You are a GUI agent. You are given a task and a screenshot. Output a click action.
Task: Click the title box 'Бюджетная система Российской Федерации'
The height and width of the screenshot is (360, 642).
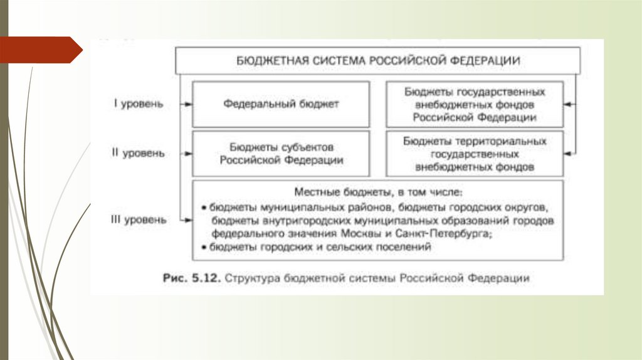point(378,60)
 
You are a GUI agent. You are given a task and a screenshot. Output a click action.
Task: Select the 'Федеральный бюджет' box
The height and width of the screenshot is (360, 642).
point(281,104)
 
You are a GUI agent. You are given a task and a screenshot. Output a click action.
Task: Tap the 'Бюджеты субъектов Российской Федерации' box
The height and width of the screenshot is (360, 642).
point(281,153)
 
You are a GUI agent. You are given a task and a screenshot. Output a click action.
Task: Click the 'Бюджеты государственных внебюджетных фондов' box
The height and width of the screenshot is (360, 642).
point(475,104)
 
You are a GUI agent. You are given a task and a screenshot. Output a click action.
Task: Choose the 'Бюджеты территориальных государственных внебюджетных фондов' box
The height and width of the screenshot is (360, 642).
point(475,153)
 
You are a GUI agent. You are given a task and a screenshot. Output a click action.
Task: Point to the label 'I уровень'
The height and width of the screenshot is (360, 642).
point(139,104)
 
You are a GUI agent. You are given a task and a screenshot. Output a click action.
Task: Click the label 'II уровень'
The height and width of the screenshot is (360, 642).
point(139,153)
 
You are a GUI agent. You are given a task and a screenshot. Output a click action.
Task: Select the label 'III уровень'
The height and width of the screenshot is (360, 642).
point(140,220)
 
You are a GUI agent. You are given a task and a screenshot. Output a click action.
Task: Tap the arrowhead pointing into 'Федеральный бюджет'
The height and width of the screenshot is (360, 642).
point(188,104)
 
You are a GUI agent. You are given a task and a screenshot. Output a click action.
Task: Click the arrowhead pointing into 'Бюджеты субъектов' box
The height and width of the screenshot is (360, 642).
point(188,153)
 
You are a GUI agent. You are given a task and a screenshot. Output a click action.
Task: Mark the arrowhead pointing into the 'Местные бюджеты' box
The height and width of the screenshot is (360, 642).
point(188,220)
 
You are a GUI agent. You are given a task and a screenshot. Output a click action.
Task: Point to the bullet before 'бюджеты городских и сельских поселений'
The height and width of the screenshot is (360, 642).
point(204,248)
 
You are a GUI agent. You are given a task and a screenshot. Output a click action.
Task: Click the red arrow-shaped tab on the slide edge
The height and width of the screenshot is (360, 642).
point(41,50)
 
